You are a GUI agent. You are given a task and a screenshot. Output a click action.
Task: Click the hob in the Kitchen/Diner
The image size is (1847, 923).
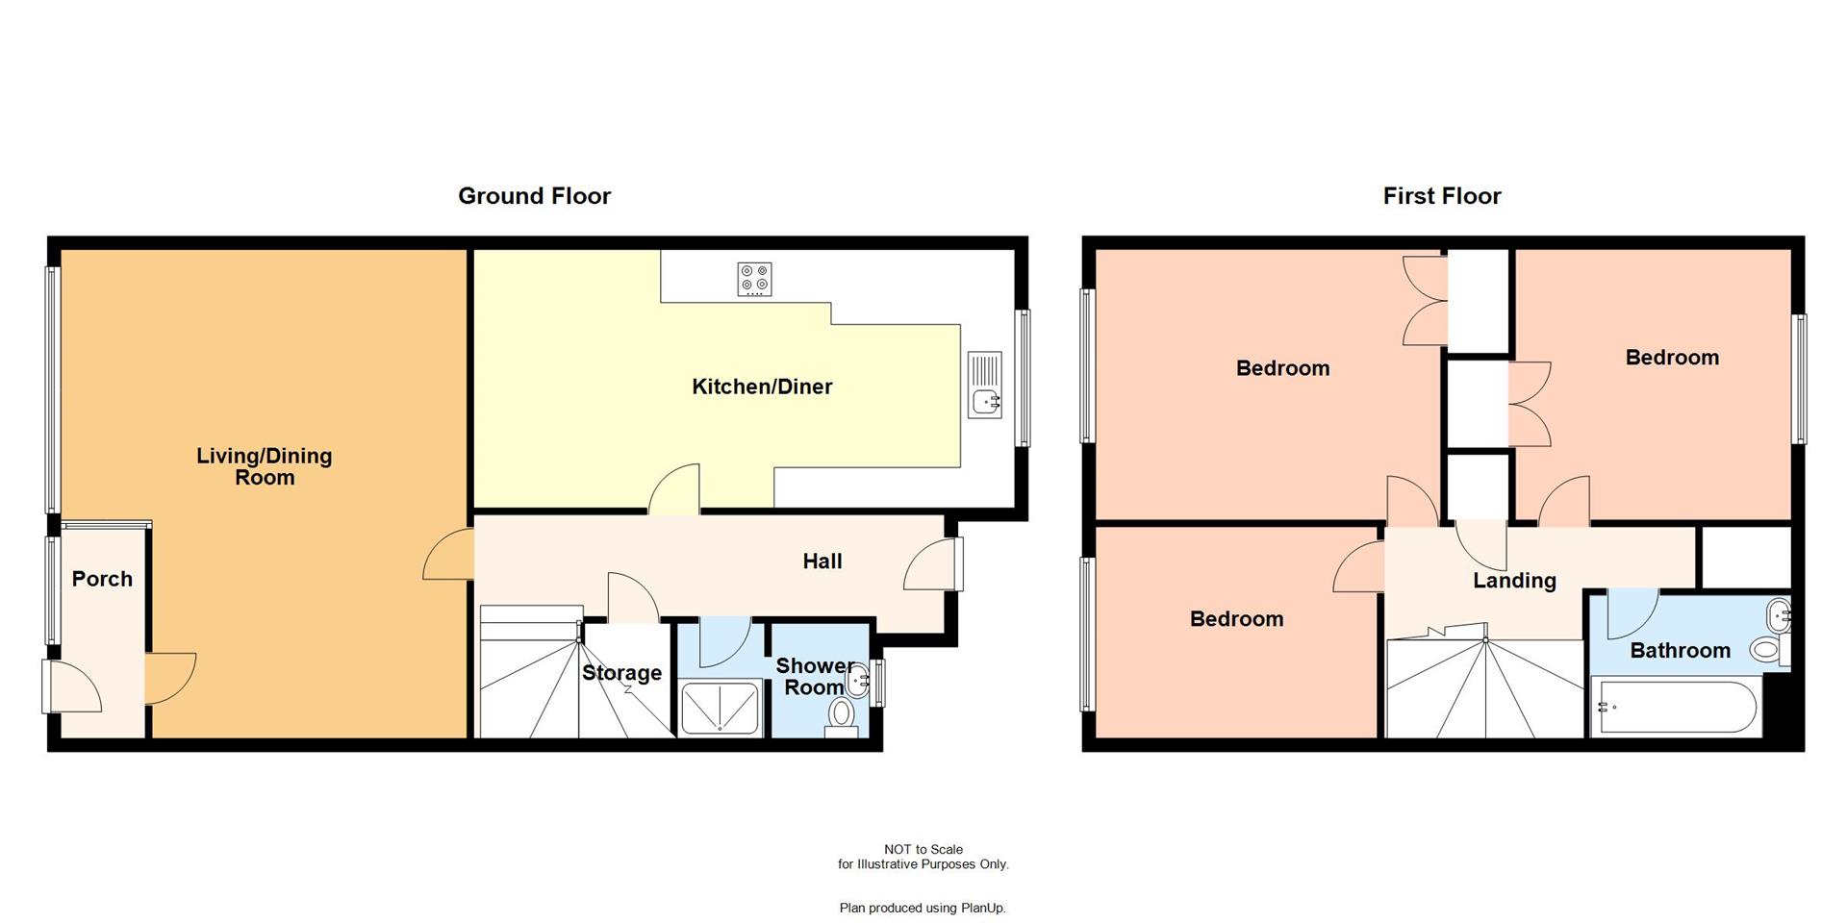tap(754, 279)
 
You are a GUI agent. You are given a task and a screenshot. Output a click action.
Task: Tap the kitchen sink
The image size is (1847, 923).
tap(985, 385)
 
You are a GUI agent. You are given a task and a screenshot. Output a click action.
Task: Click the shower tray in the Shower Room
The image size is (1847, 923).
tap(721, 708)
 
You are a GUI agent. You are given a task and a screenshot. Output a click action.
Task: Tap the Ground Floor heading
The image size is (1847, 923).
tap(534, 196)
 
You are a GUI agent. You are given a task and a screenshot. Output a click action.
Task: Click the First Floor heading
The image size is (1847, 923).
tap(1441, 196)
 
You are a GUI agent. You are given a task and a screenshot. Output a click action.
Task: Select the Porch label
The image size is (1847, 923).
tap(102, 579)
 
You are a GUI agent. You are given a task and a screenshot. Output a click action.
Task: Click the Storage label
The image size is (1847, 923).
tap(621, 673)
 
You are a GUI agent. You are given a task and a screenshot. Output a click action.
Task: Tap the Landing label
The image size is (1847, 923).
tap(1514, 581)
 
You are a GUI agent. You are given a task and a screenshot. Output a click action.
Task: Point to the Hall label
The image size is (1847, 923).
tap(822, 561)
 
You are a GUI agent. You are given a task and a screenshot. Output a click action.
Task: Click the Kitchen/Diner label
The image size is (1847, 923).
tap(762, 387)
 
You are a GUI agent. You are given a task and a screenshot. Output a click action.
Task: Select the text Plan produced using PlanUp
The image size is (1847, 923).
tap(923, 908)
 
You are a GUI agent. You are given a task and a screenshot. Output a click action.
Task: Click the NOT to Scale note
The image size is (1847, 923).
tap(923, 849)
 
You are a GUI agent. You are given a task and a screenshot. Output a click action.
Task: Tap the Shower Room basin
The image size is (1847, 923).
tap(858, 680)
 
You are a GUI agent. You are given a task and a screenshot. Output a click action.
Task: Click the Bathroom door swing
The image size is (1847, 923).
tap(1631, 613)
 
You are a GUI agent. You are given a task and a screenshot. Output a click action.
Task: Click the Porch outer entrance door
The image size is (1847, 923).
tap(71, 685)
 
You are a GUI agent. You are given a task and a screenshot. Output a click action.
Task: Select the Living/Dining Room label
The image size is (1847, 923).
tap(265, 466)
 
